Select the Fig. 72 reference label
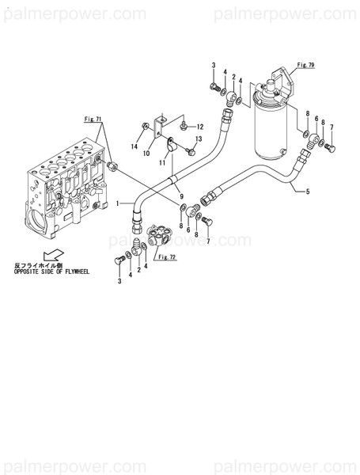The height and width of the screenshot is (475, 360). pos(166,257)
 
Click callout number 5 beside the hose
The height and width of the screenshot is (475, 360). pos(308,192)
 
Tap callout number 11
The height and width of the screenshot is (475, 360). pos(161,162)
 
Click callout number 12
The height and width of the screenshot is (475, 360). pos(200,127)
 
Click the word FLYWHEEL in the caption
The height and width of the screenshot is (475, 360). pos(76,272)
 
